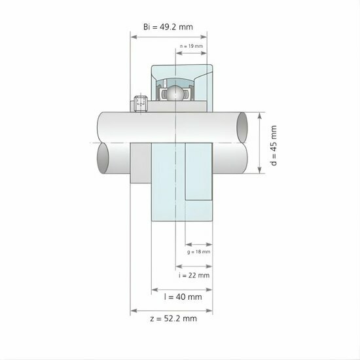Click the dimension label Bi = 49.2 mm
168,27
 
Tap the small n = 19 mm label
192,46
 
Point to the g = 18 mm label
198,251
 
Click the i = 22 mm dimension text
194,275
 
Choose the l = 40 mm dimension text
183,297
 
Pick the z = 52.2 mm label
172,319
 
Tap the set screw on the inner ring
139,103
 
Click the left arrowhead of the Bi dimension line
134,37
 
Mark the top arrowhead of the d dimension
261,115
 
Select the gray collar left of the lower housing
141,163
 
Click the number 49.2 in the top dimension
177,27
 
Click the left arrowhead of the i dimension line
177,266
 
